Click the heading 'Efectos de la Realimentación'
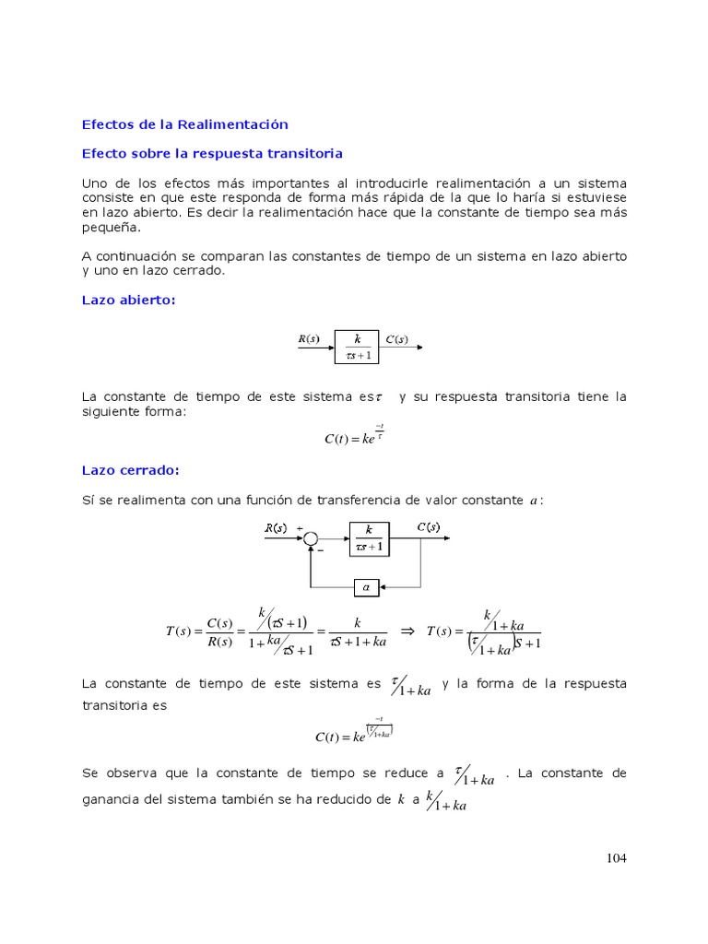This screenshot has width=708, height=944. pos(185,124)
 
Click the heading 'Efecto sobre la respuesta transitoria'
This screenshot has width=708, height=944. pos(212,152)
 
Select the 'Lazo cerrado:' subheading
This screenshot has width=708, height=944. pos(130,470)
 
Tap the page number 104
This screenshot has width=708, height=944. pos(616,858)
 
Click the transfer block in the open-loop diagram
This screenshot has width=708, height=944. pos(358,347)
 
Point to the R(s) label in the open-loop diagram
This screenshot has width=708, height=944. pos(308,339)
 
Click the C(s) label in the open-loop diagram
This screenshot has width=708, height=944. pos(396,339)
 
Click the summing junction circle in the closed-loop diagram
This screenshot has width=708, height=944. pos(312,539)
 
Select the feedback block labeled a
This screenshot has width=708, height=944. pos(366,585)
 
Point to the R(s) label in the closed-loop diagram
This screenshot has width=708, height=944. pos(276,528)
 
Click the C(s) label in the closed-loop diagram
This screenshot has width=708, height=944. pos(428,527)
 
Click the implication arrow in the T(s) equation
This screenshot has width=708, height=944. pos(409,631)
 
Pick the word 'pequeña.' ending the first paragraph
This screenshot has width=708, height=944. pos(112,227)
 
